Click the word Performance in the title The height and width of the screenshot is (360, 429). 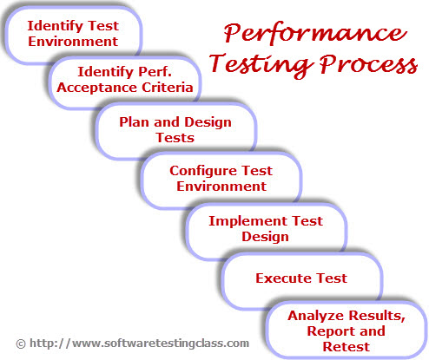(x=315, y=33)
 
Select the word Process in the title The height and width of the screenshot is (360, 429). (x=368, y=64)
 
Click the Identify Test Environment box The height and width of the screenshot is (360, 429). (x=73, y=35)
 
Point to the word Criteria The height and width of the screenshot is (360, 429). (x=168, y=88)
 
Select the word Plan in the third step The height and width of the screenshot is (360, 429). (x=135, y=121)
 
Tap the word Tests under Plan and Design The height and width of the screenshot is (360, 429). (x=175, y=138)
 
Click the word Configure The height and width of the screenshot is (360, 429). (x=203, y=171)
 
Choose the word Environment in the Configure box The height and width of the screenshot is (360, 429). (x=221, y=187)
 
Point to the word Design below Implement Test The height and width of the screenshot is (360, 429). (x=265, y=237)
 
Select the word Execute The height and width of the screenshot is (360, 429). (x=283, y=278)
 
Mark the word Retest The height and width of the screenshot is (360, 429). (x=346, y=347)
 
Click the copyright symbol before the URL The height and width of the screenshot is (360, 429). (x=21, y=344)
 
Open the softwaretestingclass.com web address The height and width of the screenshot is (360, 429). (x=139, y=344)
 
